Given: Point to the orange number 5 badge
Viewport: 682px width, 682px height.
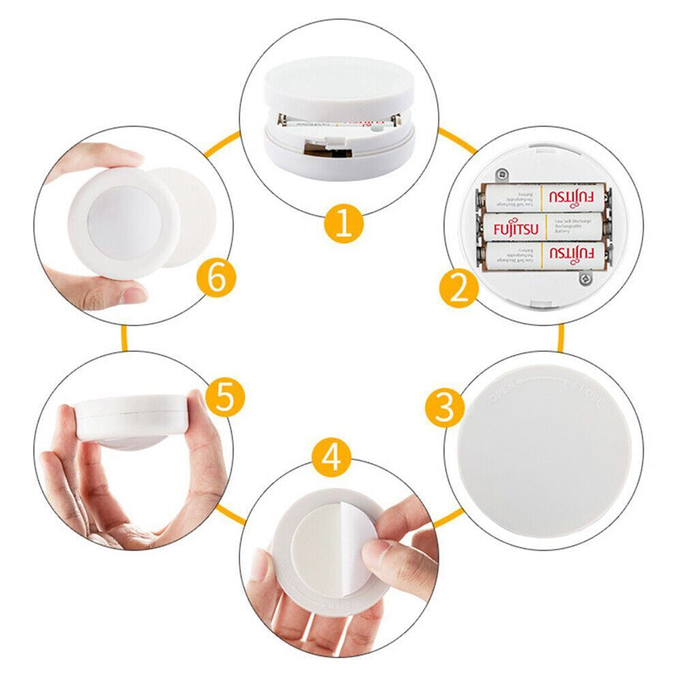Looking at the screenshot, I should pyautogui.click(x=225, y=397).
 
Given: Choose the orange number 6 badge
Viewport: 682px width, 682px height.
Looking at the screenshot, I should pyautogui.click(x=216, y=279).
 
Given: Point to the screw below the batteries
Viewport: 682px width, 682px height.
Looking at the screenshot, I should pyautogui.click(x=584, y=278).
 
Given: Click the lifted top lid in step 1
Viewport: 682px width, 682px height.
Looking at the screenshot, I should pyautogui.click(x=338, y=89).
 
